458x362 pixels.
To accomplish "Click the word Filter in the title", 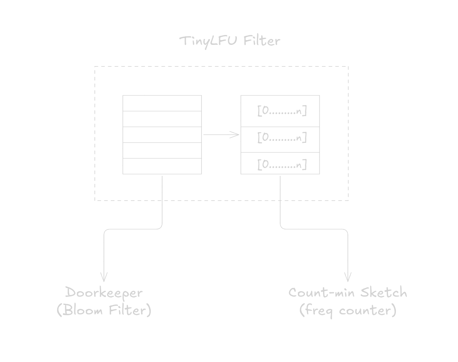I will [x=262, y=41].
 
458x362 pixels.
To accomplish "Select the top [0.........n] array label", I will [x=282, y=111].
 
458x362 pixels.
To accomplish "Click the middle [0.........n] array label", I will [x=282, y=138].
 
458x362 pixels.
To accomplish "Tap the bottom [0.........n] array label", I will [x=282, y=164].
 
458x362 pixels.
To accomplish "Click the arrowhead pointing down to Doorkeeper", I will [x=104, y=278].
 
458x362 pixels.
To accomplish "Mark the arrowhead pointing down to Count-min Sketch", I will [x=348, y=278].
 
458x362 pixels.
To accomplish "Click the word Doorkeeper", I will [x=104, y=293].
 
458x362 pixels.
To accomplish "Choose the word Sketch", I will [x=384, y=293].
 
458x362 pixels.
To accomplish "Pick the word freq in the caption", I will [x=318, y=311].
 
